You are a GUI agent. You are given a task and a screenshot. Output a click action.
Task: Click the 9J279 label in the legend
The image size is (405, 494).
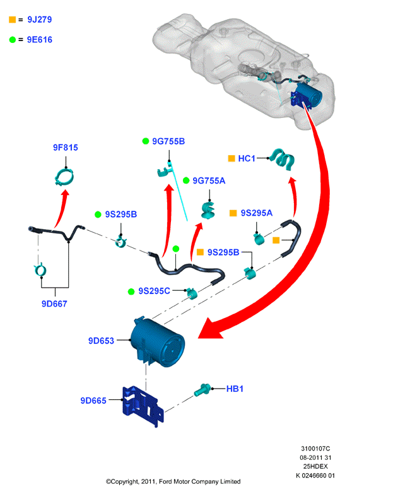[x=39, y=20]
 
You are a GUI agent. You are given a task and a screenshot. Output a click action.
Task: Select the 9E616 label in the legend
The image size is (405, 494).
[x=39, y=40]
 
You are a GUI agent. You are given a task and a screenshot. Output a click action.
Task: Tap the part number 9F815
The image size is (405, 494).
[x=66, y=148]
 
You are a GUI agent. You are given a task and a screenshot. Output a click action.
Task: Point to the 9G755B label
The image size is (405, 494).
[x=168, y=141]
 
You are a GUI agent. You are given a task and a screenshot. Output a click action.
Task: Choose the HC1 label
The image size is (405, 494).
[x=247, y=158]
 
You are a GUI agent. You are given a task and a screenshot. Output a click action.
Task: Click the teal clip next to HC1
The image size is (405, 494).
[x=283, y=160]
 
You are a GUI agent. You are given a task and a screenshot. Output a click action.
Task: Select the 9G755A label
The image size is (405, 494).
[x=209, y=181]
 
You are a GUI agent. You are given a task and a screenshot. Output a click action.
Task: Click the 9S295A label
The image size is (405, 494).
[x=257, y=213]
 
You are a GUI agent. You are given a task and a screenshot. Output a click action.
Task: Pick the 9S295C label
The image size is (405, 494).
[x=155, y=291]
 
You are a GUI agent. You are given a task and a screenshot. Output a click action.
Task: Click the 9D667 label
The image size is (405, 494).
[x=54, y=303]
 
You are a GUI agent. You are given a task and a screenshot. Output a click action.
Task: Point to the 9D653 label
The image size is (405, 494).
[x=101, y=341]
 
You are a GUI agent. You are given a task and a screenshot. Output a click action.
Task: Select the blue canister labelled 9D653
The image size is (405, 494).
[x=158, y=343]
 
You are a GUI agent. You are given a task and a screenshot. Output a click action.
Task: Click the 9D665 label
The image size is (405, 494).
[x=93, y=401]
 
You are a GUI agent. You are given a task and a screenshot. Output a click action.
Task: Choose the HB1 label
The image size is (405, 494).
[x=235, y=389]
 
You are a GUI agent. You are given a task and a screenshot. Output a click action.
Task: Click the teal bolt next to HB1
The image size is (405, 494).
[x=202, y=390]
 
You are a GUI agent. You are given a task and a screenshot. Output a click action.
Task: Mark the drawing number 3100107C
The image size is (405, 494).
[x=315, y=449]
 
